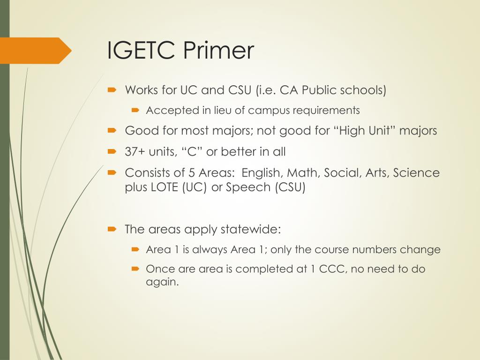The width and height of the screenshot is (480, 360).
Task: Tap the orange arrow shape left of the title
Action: coord(37,50)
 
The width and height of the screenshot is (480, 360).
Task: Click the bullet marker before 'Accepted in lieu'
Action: coord(135,111)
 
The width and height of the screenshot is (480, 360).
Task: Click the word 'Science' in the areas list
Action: coord(416,173)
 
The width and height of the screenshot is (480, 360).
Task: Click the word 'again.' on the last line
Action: coord(163,283)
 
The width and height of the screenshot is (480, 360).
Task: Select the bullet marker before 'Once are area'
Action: coord(135,270)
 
